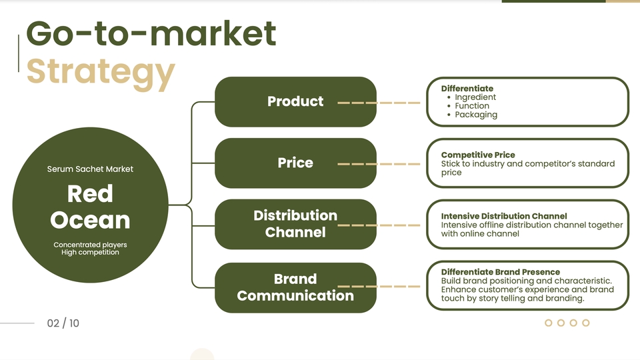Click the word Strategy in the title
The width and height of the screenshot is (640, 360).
click(x=100, y=72)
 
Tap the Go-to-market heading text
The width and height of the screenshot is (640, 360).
click(x=151, y=33)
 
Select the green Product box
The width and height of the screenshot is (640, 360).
click(x=295, y=101)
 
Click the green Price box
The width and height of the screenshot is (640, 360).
click(x=295, y=163)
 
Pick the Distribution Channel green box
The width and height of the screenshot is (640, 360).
click(x=295, y=224)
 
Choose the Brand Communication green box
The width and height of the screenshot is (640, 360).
click(x=295, y=287)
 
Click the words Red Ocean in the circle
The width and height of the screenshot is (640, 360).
click(x=90, y=207)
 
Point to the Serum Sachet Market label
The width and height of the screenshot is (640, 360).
click(x=90, y=169)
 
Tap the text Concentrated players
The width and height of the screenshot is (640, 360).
click(x=90, y=245)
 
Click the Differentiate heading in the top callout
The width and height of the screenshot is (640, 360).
click(x=467, y=88)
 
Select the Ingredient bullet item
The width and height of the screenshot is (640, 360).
click(x=475, y=97)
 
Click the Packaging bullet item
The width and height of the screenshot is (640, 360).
click(x=476, y=115)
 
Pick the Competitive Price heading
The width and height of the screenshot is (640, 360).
click(x=478, y=155)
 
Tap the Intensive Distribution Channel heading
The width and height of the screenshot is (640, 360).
click(x=504, y=216)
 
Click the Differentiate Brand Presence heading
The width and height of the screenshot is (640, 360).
click(x=501, y=272)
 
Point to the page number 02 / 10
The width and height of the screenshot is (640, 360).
click(x=63, y=323)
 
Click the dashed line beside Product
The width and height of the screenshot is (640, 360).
click(x=379, y=103)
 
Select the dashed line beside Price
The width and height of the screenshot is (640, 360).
click(x=379, y=164)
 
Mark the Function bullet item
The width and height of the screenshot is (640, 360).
click(x=472, y=106)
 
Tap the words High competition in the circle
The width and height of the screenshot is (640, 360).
click(x=90, y=253)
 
